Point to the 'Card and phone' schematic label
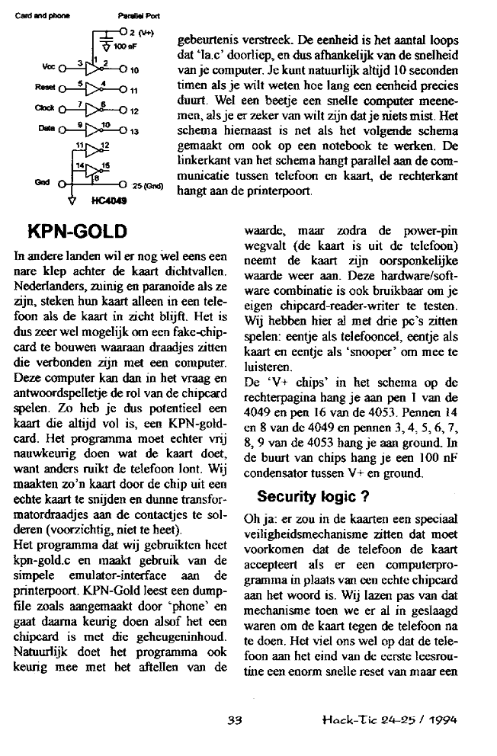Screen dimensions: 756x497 29,15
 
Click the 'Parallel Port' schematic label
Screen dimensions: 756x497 133,15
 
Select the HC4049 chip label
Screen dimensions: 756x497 107,201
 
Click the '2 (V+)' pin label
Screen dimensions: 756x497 141,33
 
